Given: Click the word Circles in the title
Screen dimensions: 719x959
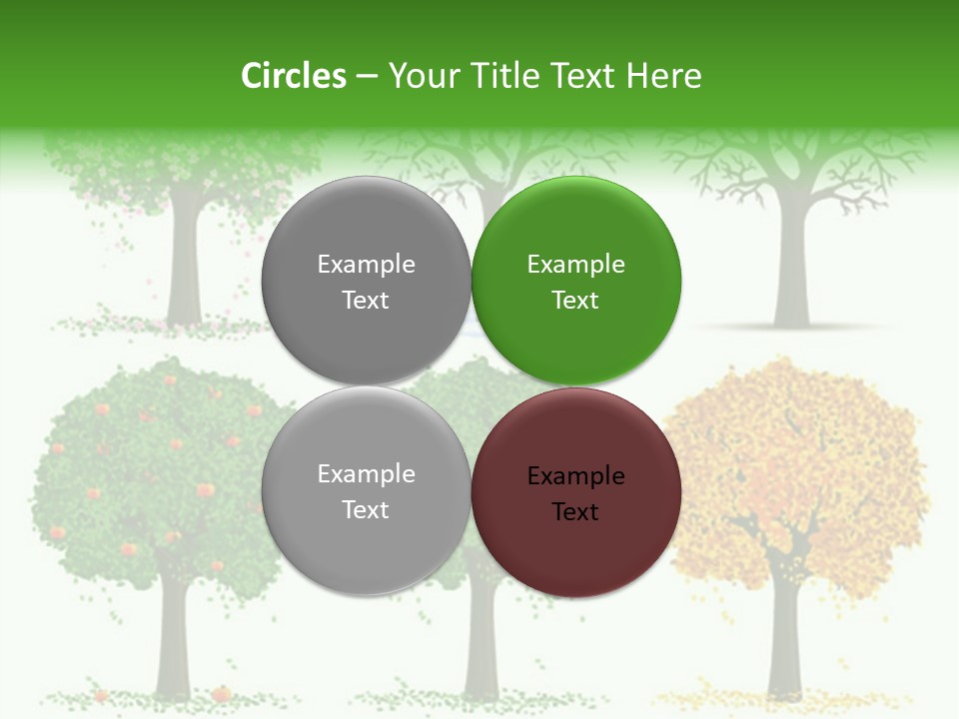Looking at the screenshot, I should pyautogui.click(x=294, y=76).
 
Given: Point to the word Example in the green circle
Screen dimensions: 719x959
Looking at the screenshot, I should pyautogui.click(x=576, y=265).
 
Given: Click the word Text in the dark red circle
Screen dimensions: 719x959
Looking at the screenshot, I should pyautogui.click(x=575, y=512).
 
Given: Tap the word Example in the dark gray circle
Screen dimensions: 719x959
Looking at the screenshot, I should pyautogui.click(x=366, y=265).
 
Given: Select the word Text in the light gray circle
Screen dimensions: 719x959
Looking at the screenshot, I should pyautogui.click(x=366, y=509).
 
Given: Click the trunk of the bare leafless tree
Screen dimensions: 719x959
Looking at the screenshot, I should pyautogui.click(x=790, y=270).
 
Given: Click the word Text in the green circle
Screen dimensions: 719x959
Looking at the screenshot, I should pyautogui.click(x=575, y=301).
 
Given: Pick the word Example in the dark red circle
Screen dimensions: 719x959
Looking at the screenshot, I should pyautogui.click(x=576, y=476).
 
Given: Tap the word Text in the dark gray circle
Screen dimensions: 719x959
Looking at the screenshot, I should pyautogui.click(x=366, y=301).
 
